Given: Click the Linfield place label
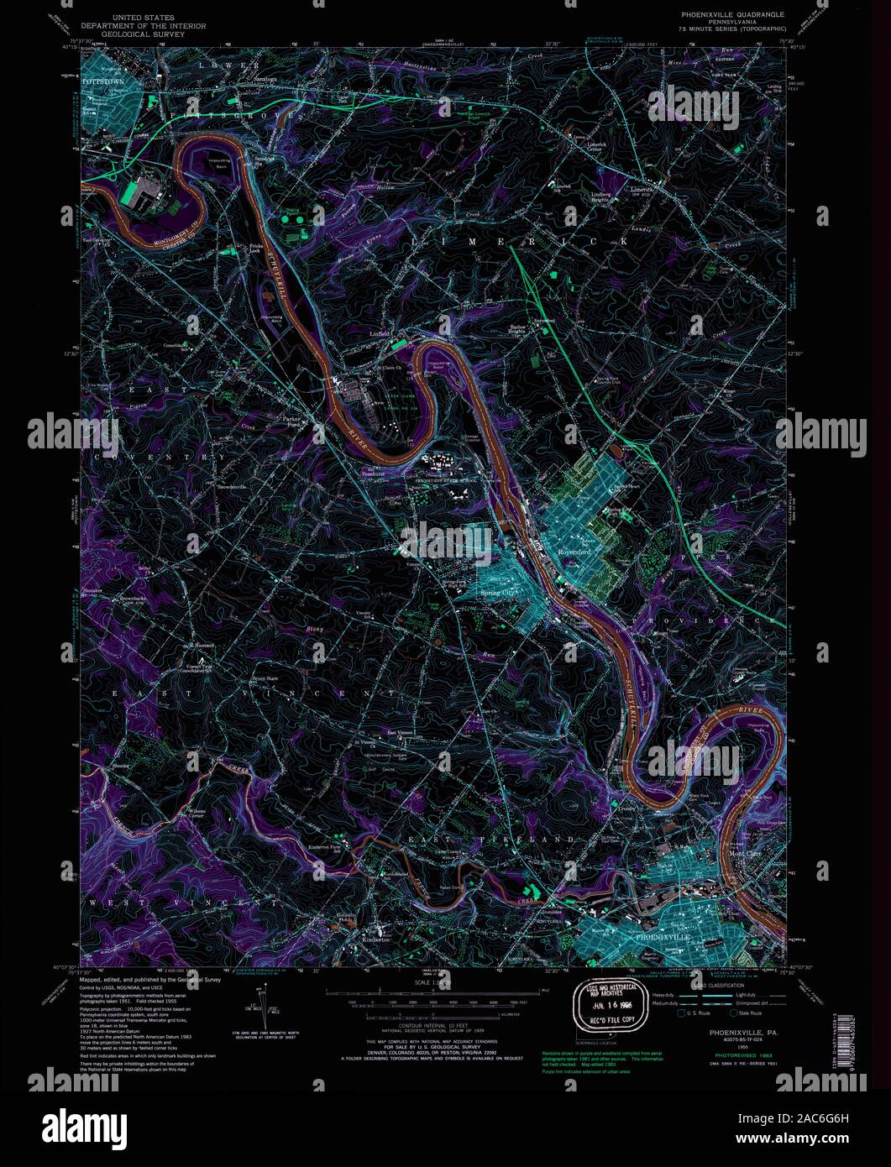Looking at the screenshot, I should pos(381,333).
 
